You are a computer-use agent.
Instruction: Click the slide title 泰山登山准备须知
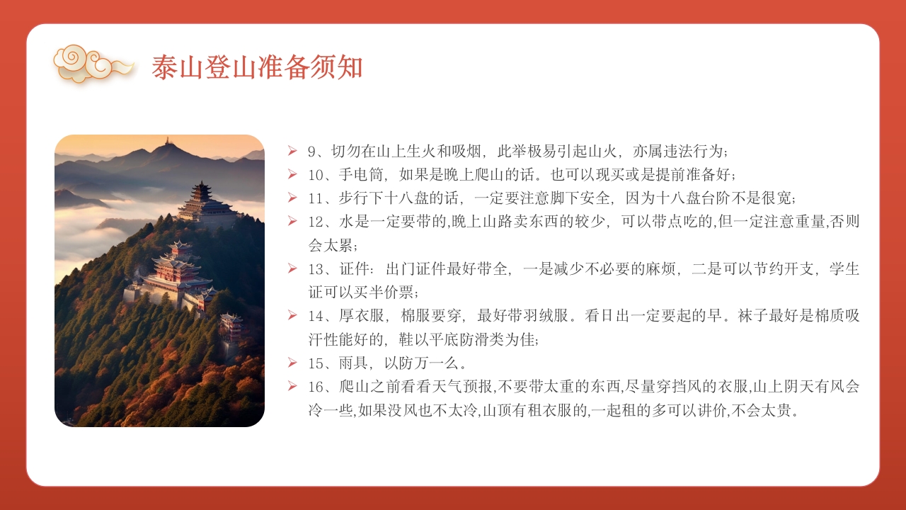pyautogui.click(x=257, y=67)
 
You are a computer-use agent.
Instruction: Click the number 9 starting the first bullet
pyautogui.click(x=311, y=151)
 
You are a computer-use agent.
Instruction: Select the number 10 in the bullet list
pyautogui.click(x=315, y=174)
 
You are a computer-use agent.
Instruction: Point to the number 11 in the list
pyautogui.click(x=315, y=198)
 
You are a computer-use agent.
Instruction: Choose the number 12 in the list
pyautogui.click(x=315, y=221)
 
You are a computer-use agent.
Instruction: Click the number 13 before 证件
pyautogui.click(x=315, y=268)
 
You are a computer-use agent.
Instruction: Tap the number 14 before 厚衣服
pyautogui.click(x=315, y=315)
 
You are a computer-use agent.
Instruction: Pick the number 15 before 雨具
pyautogui.click(x=315, y=363)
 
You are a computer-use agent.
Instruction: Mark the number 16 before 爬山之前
pyautogui.click(x=315, y=387)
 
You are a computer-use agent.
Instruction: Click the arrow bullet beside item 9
pyautogui.click(x=292, y=151)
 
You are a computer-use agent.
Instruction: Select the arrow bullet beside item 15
pyautogui.click(x=292, y=363)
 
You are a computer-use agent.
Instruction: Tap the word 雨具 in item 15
pyautogui.click(x=355, y=363)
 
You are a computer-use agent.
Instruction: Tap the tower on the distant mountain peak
pyautogui.click(x=168, y=142)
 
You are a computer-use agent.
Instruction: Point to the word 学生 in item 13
pyautogui.click(x=844, y=268)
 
